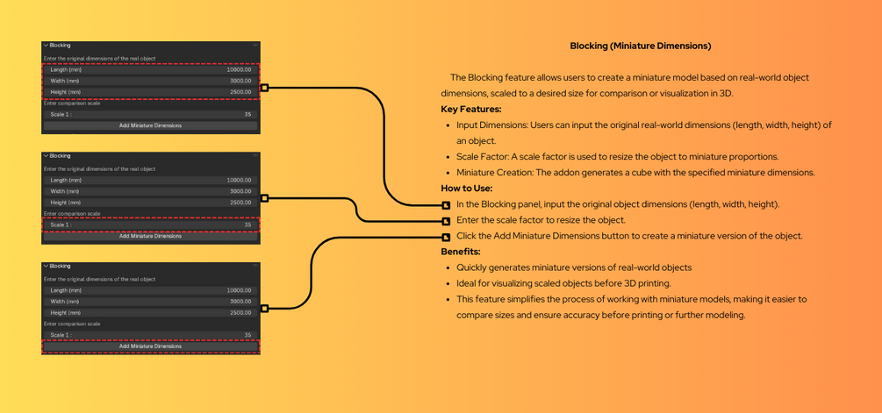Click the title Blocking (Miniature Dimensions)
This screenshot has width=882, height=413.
pos(640,46)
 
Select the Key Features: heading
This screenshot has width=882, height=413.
pos(470,110)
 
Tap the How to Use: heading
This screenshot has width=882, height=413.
pos(466,189)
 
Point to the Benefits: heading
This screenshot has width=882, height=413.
pos(460,252)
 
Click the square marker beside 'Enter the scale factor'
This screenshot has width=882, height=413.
pos(446,221)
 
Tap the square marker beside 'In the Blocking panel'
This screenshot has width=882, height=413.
pos(446,205)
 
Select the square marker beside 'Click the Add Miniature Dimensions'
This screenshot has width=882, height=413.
pos(446,237)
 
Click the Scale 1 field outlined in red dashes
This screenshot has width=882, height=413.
pos(151,224)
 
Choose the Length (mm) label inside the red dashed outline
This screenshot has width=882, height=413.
pos(66,69)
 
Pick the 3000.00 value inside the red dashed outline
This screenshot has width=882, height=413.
pos(240,81)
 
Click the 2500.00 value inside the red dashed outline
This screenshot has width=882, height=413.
pos(240,92)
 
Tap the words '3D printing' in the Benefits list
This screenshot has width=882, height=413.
pos(645,283)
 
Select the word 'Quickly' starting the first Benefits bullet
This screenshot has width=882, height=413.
pos(472,267)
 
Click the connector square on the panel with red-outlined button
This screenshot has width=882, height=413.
pos(264,309)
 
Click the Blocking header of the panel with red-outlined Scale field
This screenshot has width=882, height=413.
pos(60,155)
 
